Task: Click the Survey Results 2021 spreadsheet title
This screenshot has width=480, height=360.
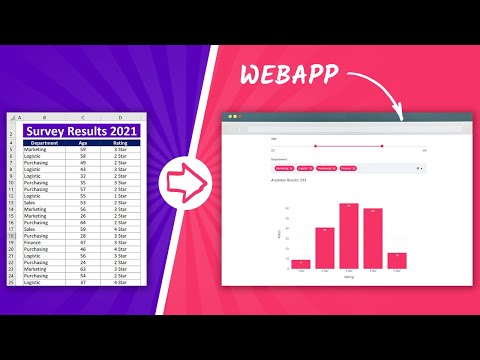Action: coord(83,131)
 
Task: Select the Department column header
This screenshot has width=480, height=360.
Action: coord(45,143)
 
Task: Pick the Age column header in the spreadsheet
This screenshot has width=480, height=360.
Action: coord(84,143)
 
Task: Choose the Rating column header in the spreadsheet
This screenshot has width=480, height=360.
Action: coord(119,143)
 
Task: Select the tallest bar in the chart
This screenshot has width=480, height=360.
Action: coord(349,237)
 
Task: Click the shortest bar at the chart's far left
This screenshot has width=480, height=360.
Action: coord(301,265)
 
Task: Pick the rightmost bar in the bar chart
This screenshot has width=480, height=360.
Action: coord(397,261)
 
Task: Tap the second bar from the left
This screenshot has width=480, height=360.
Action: coord(325,249)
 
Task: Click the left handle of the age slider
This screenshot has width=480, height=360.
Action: coord(314,145)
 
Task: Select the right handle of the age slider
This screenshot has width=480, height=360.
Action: coord(382,145)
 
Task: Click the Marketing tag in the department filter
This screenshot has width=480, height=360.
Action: coord(282,168)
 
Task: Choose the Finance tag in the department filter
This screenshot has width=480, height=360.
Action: coord(348,168)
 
